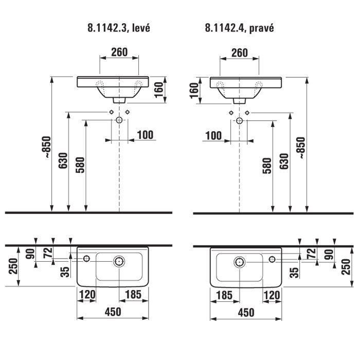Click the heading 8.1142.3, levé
pyautogui.click(x=119, y=28)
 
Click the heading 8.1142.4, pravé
pyautogui.click(x=240, y=28)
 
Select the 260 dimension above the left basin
pyautogui.click(x=119, y=52)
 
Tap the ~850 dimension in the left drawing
pyautogui.click(x=48, y=147)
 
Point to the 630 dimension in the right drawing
pyautogui.click(x=284, y=161)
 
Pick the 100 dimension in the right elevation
pyautogui.click(x=213, y=136)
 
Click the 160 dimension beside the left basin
pyautogui.click(x=158, y=90)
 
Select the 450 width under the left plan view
pyautogui.click(x=113, y=312)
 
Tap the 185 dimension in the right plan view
pyautogui.click(x=224, y=295)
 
